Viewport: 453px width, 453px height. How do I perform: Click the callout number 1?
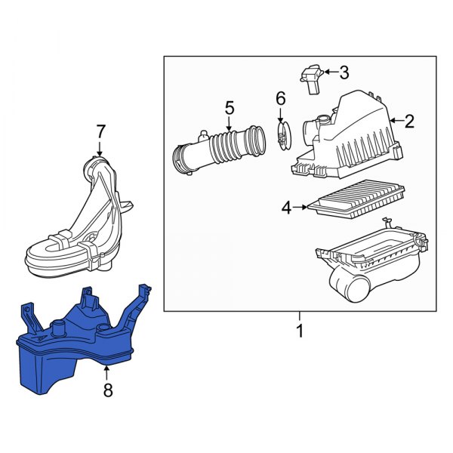coord(299,331)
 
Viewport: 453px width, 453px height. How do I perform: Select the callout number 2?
coord(409,120)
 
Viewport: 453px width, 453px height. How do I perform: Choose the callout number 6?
coord(280,98)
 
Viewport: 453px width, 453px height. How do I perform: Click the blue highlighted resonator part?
coord(68,347)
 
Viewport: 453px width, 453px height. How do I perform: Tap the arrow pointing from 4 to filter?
coord(302,206)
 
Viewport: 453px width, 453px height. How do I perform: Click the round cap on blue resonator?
coord(57,328)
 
